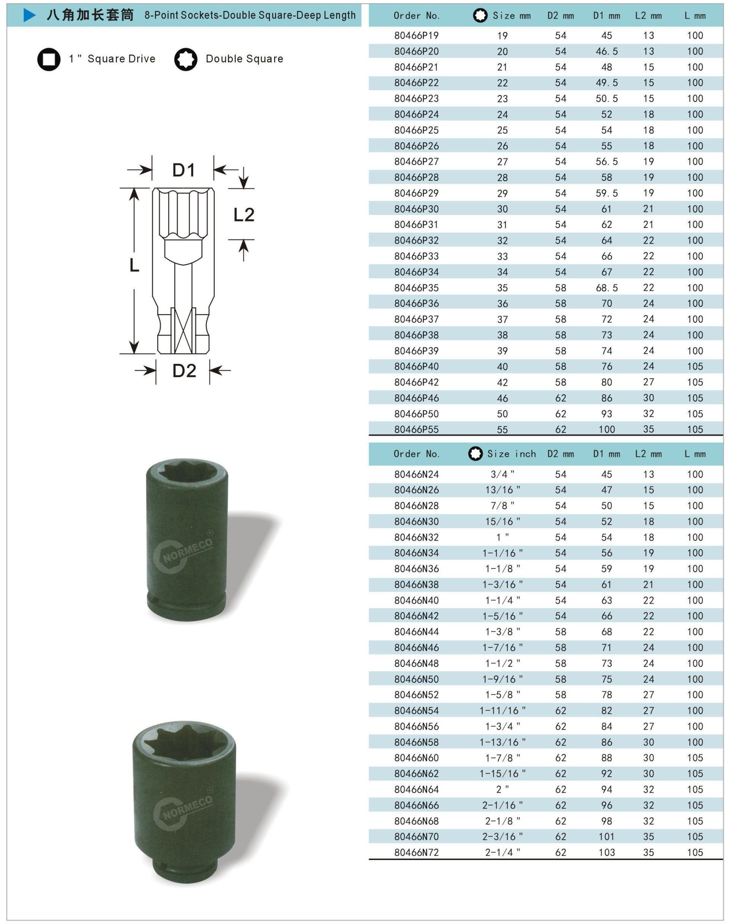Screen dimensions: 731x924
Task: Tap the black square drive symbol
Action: (x=49, y=59)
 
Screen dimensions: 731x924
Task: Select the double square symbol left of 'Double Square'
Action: (x=186, y=59)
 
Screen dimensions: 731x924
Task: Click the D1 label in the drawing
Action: (x=184, y=170)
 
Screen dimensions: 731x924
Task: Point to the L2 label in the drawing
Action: (x=244, y=214)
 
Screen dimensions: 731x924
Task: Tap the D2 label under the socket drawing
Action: (x=184, y=370)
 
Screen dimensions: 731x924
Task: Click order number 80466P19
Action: (x=417, y=35)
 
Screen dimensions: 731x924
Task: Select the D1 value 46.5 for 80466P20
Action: (x=607, y=51)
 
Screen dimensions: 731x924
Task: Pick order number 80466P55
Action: (x=417, y=429)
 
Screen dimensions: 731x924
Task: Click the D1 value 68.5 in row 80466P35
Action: (x=607, y=288)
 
